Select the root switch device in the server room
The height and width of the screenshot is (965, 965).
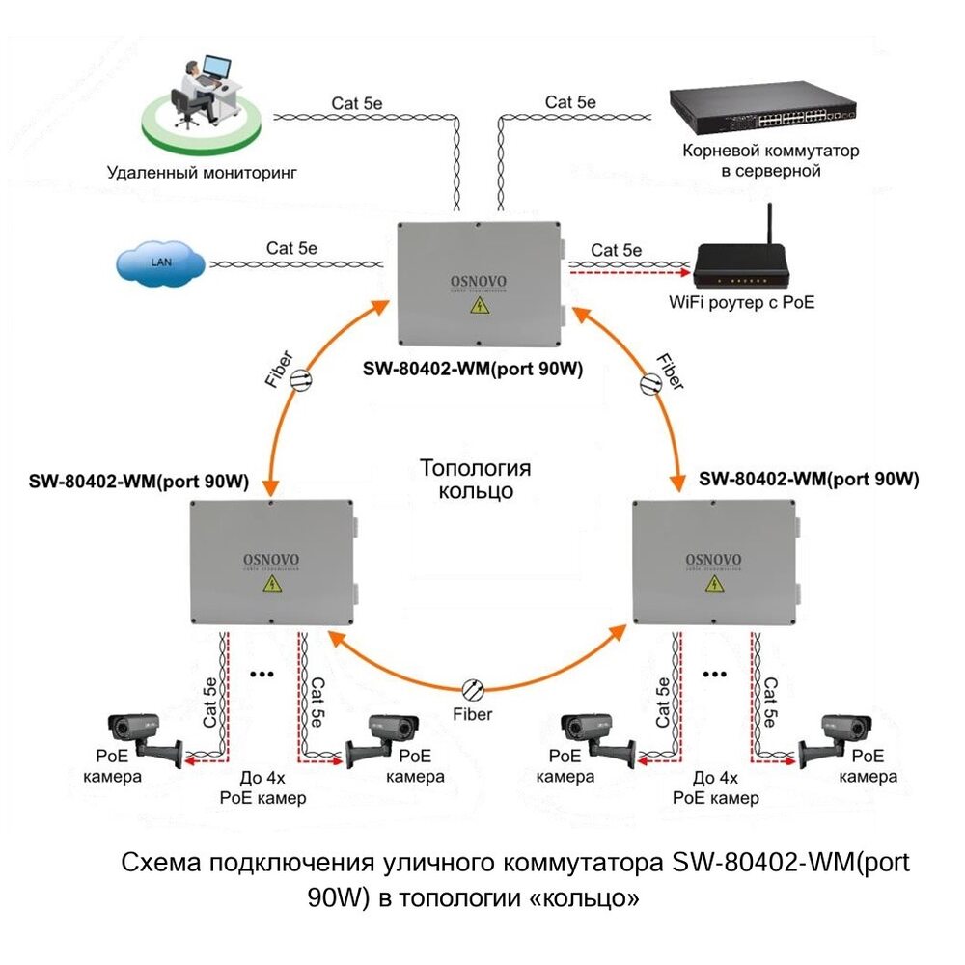762,112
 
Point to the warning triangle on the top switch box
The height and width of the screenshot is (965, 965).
478,307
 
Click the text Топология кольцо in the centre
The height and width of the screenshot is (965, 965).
475,480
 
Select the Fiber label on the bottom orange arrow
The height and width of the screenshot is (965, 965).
473,714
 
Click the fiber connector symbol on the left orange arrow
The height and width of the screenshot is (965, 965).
300,379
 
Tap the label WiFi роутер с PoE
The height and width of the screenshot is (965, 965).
742,302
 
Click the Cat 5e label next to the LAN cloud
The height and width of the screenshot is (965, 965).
291,248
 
